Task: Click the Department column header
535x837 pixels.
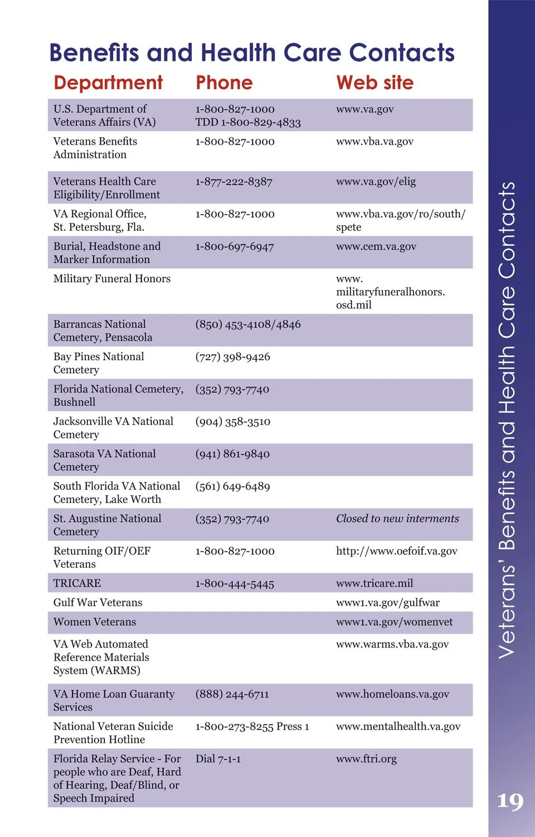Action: (x=108, y=83)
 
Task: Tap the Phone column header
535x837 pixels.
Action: (x=224, y=83)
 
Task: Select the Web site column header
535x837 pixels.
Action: (x=374, y=83)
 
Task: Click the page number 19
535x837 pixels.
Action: (x=510, y=801)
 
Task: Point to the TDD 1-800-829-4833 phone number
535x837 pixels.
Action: (x=248, y=123)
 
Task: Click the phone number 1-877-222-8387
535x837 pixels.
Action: (x=234, y=182)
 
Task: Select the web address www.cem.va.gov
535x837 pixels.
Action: (x=376, y=246)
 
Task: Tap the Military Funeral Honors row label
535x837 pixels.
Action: (x=112, y=279)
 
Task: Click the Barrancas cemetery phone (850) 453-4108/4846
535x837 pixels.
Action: (x=248, y=325)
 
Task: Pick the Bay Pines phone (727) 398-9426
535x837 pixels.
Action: (x=233, y=357)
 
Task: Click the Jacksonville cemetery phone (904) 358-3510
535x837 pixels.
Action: (x=233, y=422)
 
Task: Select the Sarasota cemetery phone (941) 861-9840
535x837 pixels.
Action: (x=232, y=454)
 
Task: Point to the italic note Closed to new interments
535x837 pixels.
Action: (x=397, y=519)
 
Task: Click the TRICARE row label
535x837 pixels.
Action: (x=77, y=583)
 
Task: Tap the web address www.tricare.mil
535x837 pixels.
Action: (x=374, y=583)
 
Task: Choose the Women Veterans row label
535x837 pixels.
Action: (x=95, y=622)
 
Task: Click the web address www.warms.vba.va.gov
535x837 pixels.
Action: (x=392, y=644)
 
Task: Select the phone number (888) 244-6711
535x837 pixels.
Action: (x=232, y=694)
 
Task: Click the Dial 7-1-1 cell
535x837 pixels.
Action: (x=218, y=759)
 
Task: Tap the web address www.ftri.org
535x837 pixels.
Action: (x=366, y=759)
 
